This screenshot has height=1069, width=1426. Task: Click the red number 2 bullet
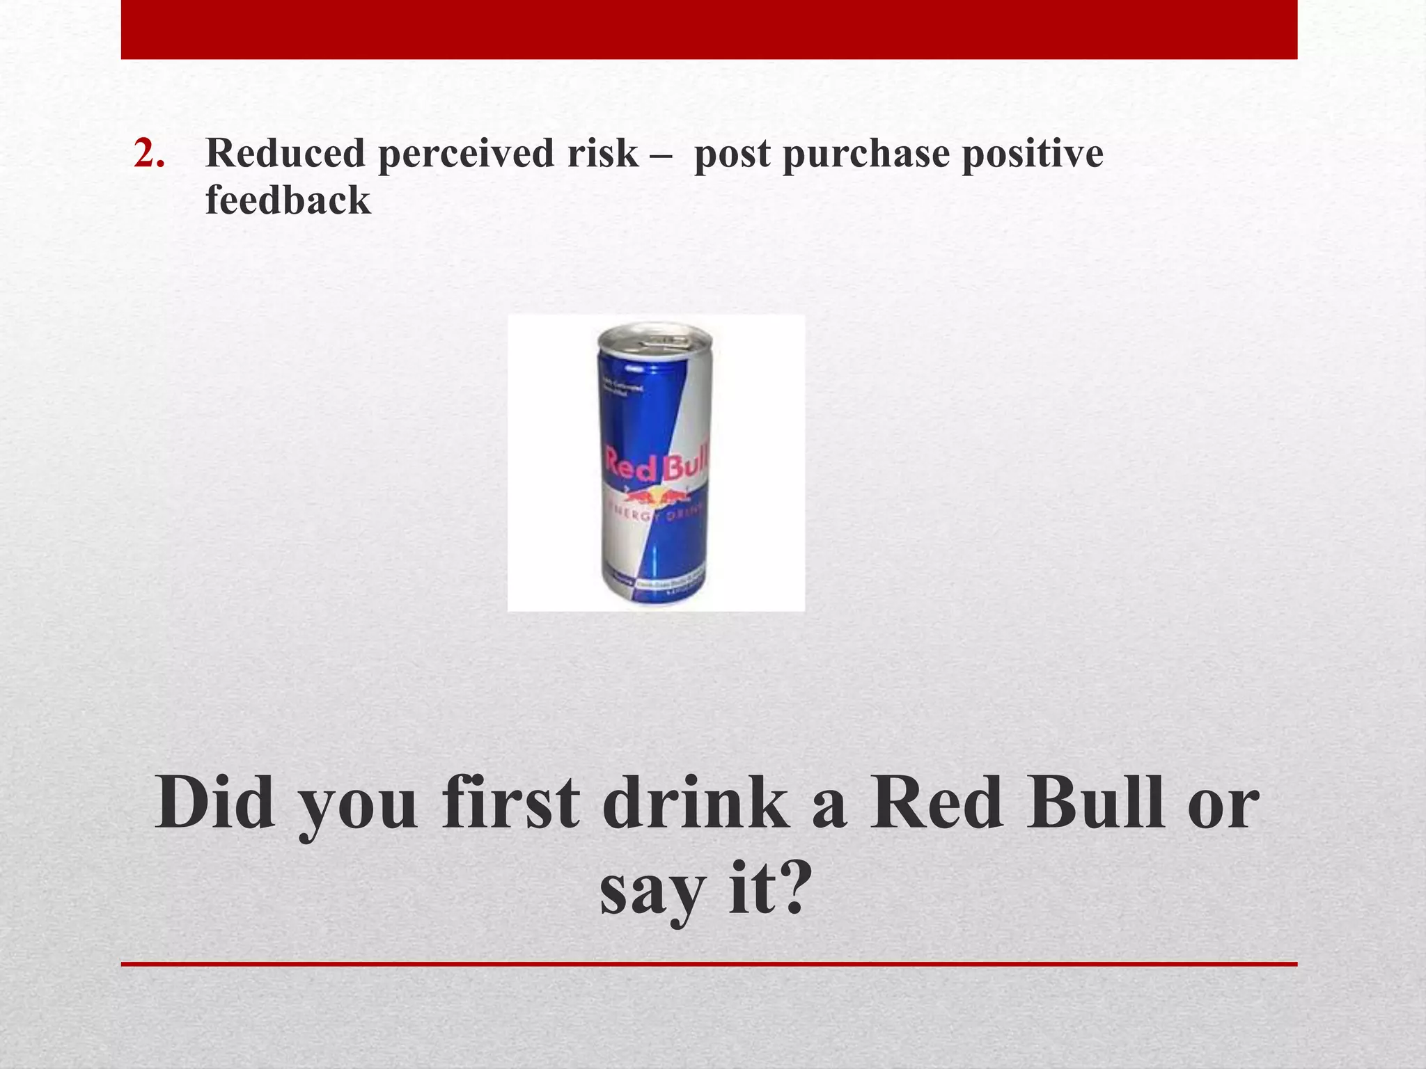point(149,154)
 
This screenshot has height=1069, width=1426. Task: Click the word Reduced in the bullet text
point(285,153)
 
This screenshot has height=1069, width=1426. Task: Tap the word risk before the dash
point(602,153)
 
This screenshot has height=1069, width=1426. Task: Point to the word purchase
point(866,155)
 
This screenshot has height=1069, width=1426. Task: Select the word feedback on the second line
point(288,200)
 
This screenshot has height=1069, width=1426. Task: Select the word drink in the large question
point(696,804)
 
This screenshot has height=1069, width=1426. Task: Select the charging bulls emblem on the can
point(655,496)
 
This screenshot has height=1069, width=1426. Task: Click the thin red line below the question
point(709,964)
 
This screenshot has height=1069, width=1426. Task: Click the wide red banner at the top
point(709,29)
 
